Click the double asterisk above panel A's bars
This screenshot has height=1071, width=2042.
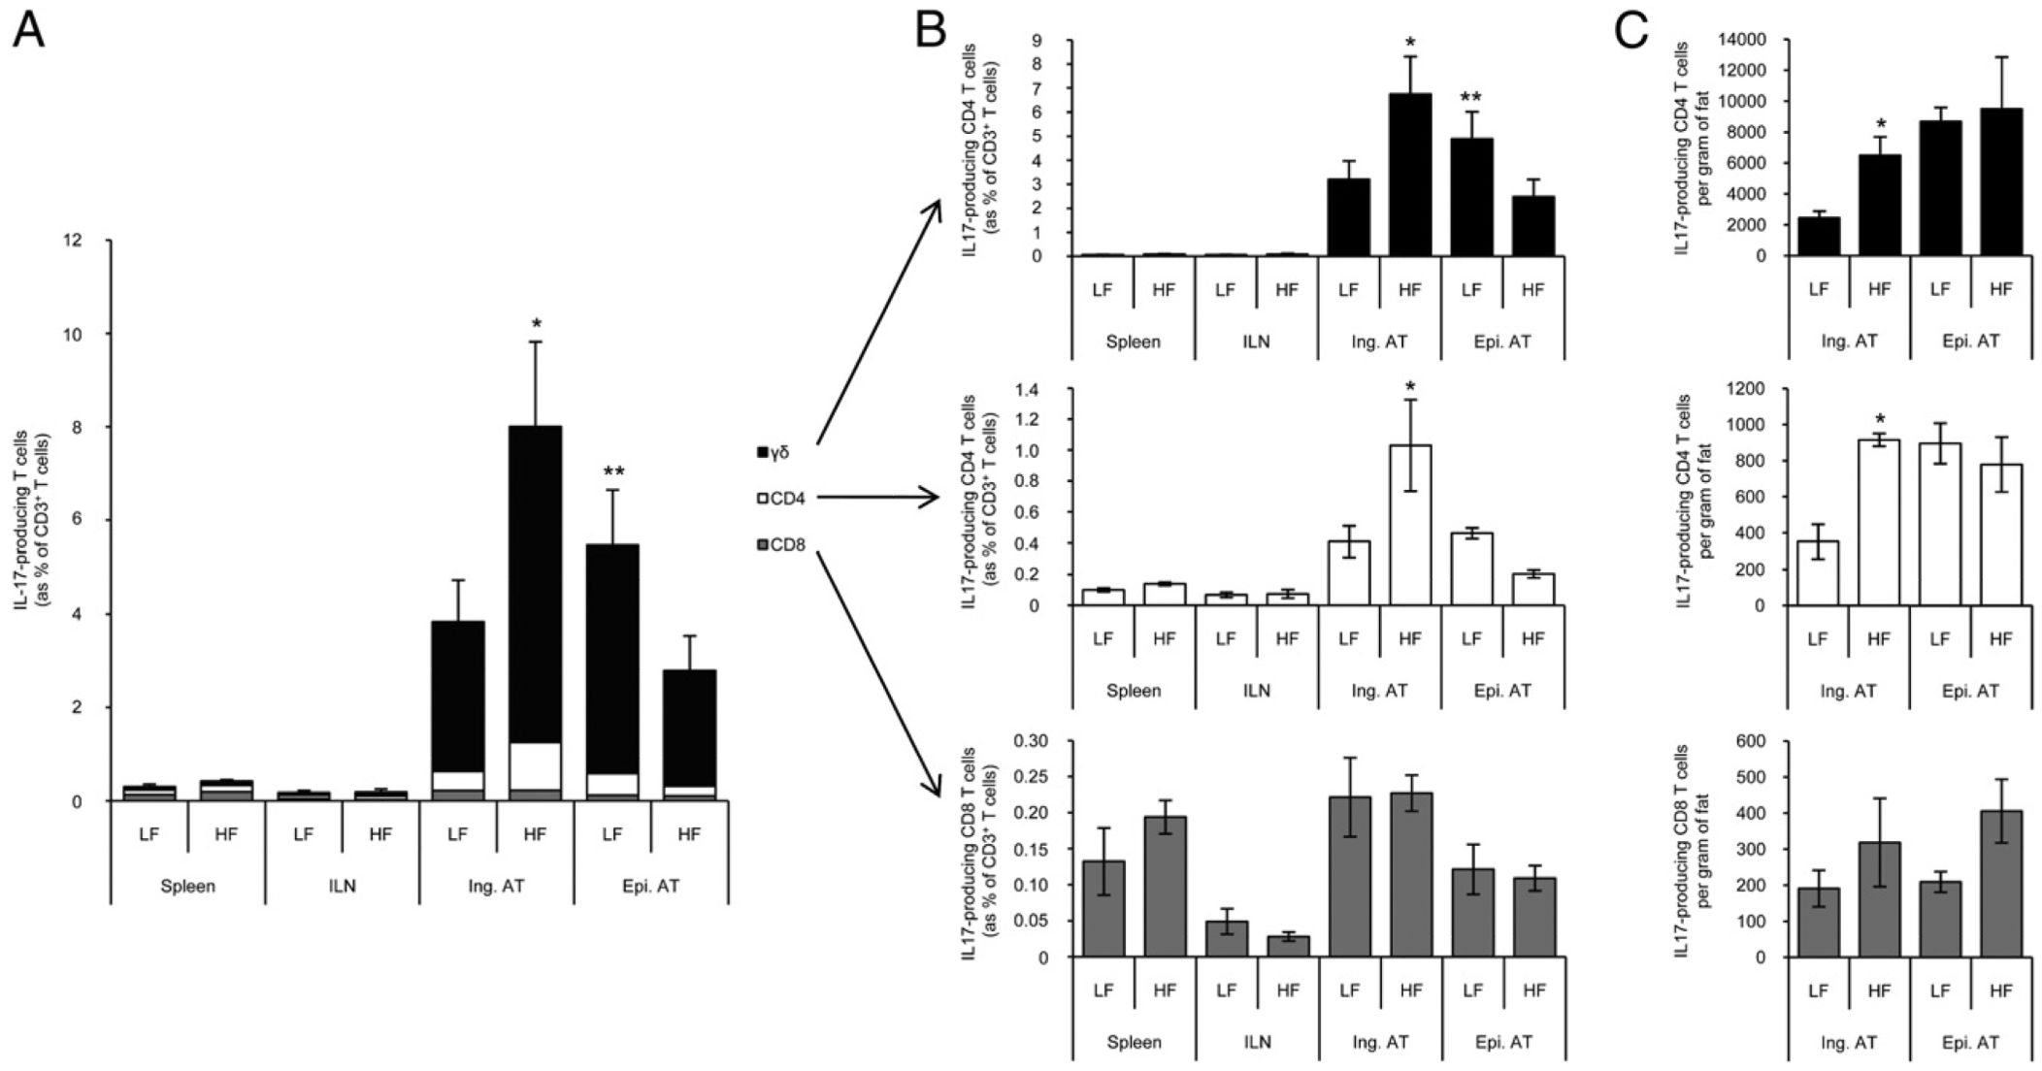point(613,472)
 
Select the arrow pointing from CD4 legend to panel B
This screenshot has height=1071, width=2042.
point(878,498)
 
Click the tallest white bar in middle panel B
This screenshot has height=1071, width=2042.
point(1410,525)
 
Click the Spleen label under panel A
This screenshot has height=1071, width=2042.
point(187,886)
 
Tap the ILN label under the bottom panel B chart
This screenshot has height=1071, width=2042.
point(1257,1043)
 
